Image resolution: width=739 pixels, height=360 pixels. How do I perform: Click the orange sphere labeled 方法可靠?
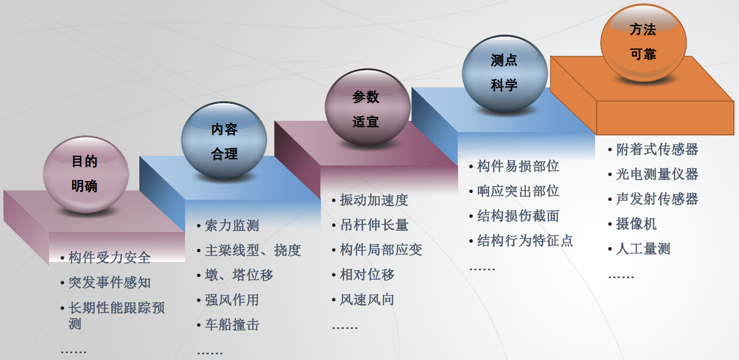643,43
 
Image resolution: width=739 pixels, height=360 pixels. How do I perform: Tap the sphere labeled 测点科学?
505,73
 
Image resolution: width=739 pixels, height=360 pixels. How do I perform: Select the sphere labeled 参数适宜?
367,107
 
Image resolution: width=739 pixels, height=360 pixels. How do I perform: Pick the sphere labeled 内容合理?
224,141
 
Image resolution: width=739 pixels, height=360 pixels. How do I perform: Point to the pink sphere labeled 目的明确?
86,174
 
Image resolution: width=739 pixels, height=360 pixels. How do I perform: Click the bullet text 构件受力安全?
109,258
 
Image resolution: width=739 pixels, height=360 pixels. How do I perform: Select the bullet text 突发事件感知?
109,283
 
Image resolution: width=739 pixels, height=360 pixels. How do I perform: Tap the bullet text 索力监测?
232,226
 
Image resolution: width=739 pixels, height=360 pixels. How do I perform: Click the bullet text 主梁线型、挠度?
253,251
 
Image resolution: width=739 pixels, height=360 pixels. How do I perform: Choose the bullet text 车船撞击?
232,324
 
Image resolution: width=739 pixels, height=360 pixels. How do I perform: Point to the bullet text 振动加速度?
374,200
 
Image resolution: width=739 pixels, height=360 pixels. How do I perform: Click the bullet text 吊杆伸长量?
374,225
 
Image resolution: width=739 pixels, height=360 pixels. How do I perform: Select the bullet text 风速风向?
367,300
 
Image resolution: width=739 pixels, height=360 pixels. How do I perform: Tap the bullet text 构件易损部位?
518,166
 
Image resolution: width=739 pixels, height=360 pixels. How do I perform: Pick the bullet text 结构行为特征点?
525,240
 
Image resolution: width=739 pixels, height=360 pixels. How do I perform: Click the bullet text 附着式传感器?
657,150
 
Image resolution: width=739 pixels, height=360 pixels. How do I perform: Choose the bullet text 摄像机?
636,224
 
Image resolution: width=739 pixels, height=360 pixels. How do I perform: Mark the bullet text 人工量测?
643,249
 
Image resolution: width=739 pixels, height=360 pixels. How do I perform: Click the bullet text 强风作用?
232,300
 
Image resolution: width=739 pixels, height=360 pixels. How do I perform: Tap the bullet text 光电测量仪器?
657,174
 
